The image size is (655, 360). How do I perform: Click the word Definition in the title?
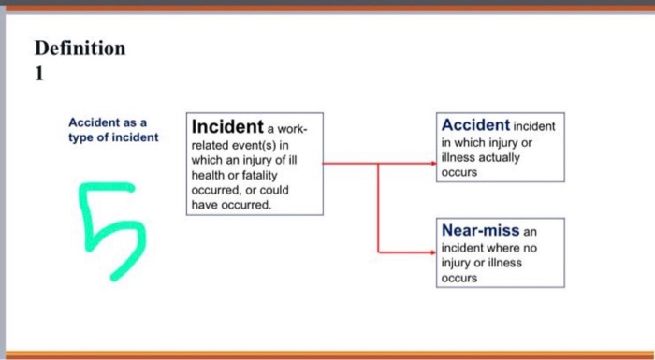click(79, 49)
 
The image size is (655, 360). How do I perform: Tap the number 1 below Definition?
click(39, 78)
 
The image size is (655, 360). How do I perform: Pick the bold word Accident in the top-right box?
click(475, 124)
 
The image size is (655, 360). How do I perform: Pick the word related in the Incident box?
click(211, 147)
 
